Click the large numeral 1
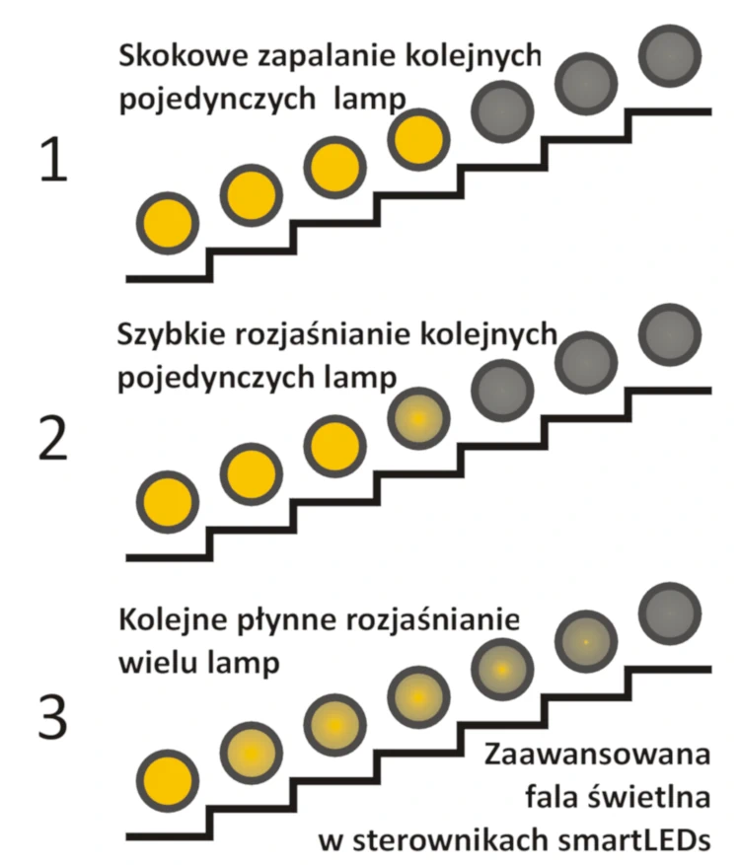[54, 160]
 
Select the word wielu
[158, 662]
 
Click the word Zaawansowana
[598, 755]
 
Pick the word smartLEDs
[634, 840]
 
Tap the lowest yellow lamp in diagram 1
[168, 224]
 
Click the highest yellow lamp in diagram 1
[418, 139]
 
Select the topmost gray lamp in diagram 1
[670, 55]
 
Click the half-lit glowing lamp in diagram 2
[418, 418]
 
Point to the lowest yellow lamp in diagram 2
[168, 502]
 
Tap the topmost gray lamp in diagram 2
[670, 334]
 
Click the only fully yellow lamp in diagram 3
[168, 780]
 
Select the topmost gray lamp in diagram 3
[670, 613]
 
